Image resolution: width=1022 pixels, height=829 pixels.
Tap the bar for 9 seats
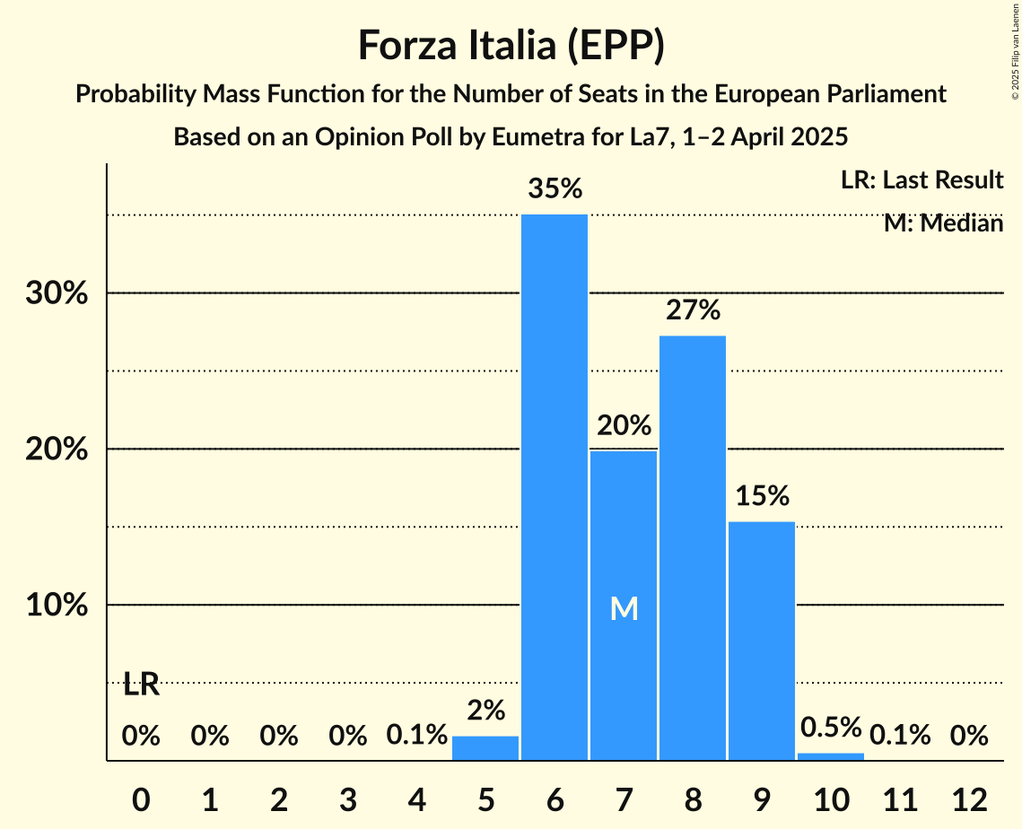[761, 641]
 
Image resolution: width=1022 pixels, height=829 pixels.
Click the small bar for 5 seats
[485, 748]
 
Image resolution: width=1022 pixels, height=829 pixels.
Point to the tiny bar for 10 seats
[830, 756]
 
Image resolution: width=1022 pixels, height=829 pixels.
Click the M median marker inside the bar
[624, 609]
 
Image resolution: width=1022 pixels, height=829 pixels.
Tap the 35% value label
[555, 189]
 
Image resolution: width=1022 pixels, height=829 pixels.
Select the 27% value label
[693, 310]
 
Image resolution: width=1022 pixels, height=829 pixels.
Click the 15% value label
[761, 496]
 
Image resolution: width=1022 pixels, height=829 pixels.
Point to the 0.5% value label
[830, 727]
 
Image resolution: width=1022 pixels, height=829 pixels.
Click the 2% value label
[485, 711]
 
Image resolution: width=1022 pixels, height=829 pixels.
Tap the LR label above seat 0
[141, 685]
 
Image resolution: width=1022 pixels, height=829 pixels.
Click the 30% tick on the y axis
[57, 293]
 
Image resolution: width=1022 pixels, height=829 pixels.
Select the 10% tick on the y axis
[57, 606]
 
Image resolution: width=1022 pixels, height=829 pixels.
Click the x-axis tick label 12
[968, 800]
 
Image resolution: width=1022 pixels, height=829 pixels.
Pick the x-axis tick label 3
[347, 800]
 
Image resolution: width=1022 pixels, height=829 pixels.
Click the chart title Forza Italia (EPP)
[511, 45]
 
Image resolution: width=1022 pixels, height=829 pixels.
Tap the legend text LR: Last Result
[922, 180]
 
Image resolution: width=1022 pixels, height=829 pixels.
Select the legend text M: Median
[943, 223]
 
